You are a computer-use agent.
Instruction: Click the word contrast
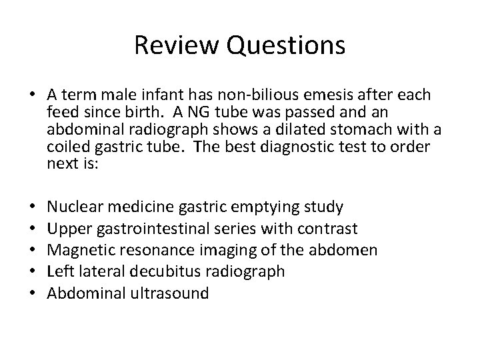(328, 229)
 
